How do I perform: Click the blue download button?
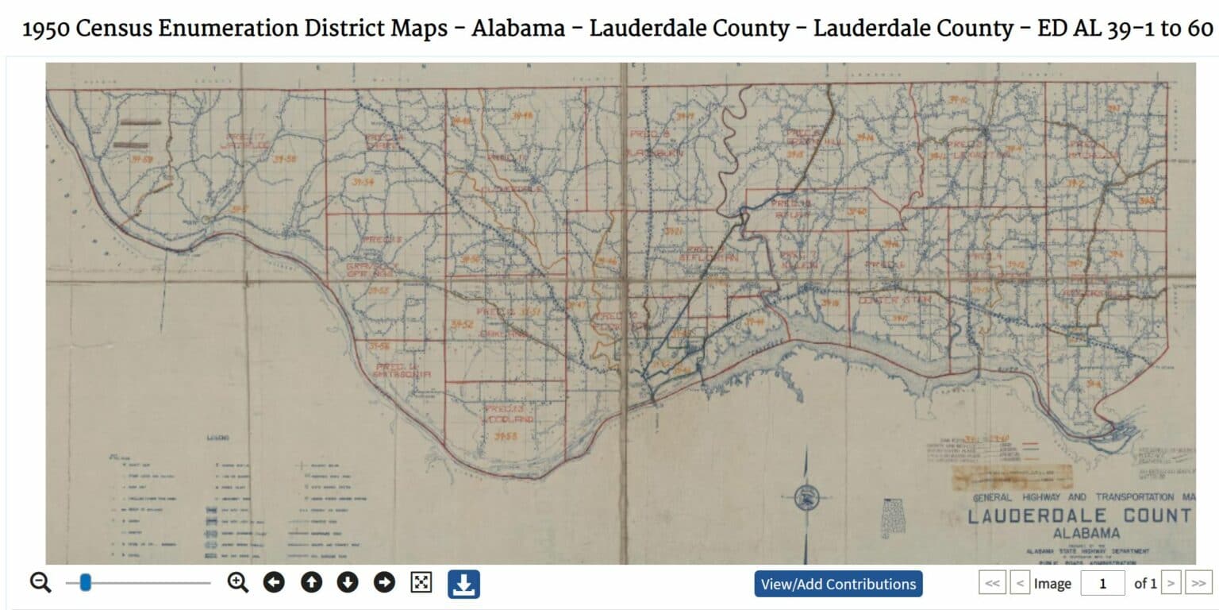point(463,584)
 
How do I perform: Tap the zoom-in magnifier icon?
point(237,583)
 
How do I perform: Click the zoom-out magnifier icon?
point(40,583)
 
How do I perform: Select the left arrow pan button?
point(274,583)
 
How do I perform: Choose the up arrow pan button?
point(311,583)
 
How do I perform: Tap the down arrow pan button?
point(348,583)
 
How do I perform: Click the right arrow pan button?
point(384,583)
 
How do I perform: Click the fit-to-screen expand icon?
point(421,583)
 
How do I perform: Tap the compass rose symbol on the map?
point(807,498)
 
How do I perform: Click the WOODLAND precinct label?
point(506,419)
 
